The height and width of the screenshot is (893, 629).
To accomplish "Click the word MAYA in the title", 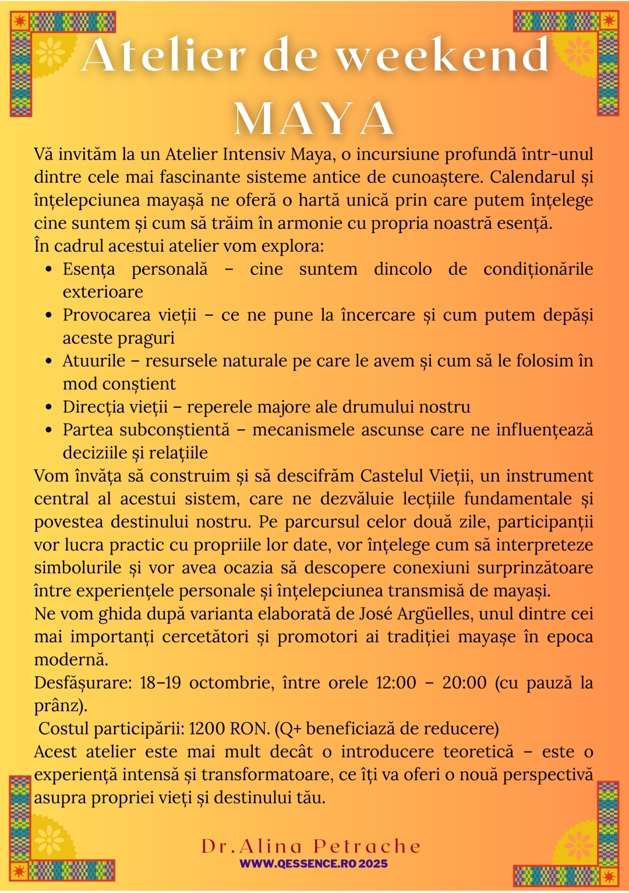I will click(314, 118).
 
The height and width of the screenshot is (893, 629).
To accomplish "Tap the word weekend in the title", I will click(442, 57).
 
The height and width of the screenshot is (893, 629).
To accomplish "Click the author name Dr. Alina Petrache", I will click(311, 846).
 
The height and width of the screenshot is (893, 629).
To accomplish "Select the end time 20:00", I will click(464, 683).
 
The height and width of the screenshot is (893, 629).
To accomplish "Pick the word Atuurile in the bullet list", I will click(94, 361).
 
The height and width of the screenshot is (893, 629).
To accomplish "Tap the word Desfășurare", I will click(83, 683).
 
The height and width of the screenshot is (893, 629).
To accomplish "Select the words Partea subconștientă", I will click(146, 430).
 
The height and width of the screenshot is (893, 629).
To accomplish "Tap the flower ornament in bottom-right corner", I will click(578, 843).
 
